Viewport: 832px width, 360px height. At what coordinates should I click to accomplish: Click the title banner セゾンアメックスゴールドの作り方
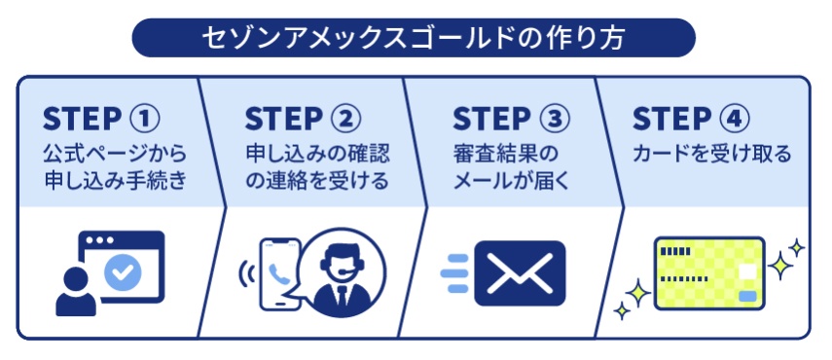416,37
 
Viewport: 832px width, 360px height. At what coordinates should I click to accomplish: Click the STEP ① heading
101,120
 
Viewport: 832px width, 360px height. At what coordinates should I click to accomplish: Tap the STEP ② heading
304,120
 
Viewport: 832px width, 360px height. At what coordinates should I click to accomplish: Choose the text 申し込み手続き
115,181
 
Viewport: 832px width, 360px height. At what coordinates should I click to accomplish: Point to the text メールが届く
510,181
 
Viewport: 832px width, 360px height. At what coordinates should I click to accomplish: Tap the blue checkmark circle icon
123,273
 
